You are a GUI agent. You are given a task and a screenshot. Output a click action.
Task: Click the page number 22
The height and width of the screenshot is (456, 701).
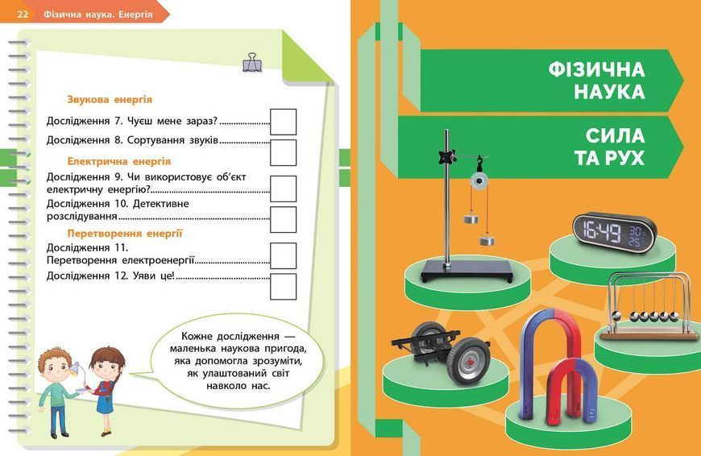23,15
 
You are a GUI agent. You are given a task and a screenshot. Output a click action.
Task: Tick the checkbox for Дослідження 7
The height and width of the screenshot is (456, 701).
283,122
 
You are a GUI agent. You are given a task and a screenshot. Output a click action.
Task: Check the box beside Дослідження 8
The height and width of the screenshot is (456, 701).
283,152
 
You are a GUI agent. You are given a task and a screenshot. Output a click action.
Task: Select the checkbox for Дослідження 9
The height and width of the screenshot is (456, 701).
283,189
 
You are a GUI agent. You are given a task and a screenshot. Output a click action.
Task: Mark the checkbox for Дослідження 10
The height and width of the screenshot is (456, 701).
283,219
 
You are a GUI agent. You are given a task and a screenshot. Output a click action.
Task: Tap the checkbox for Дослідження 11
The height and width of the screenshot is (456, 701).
283,255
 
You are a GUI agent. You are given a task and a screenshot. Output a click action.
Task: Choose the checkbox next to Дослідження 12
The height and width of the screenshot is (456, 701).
283,287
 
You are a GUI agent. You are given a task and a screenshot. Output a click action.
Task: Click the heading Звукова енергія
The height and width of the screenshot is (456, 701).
110,99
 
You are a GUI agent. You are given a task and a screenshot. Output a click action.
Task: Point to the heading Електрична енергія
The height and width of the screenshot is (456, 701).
119,161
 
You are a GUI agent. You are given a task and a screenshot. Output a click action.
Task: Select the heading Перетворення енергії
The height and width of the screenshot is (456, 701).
125,233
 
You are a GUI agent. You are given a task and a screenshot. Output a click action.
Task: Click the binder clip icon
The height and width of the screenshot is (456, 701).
253,62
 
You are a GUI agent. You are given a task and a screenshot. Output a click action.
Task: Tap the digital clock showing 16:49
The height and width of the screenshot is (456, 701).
615,233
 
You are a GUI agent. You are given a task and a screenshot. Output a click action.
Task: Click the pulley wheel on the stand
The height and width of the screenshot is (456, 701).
479,181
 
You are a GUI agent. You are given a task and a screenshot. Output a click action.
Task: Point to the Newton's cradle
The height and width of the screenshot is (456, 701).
647,307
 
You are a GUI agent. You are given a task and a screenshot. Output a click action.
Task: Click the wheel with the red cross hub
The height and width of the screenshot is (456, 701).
467,361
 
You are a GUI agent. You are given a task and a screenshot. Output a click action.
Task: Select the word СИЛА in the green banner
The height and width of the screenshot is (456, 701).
615,135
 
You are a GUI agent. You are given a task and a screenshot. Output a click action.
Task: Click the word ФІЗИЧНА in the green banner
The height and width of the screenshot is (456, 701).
597,70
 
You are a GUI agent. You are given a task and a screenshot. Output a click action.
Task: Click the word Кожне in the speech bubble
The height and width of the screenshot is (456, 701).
197,336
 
